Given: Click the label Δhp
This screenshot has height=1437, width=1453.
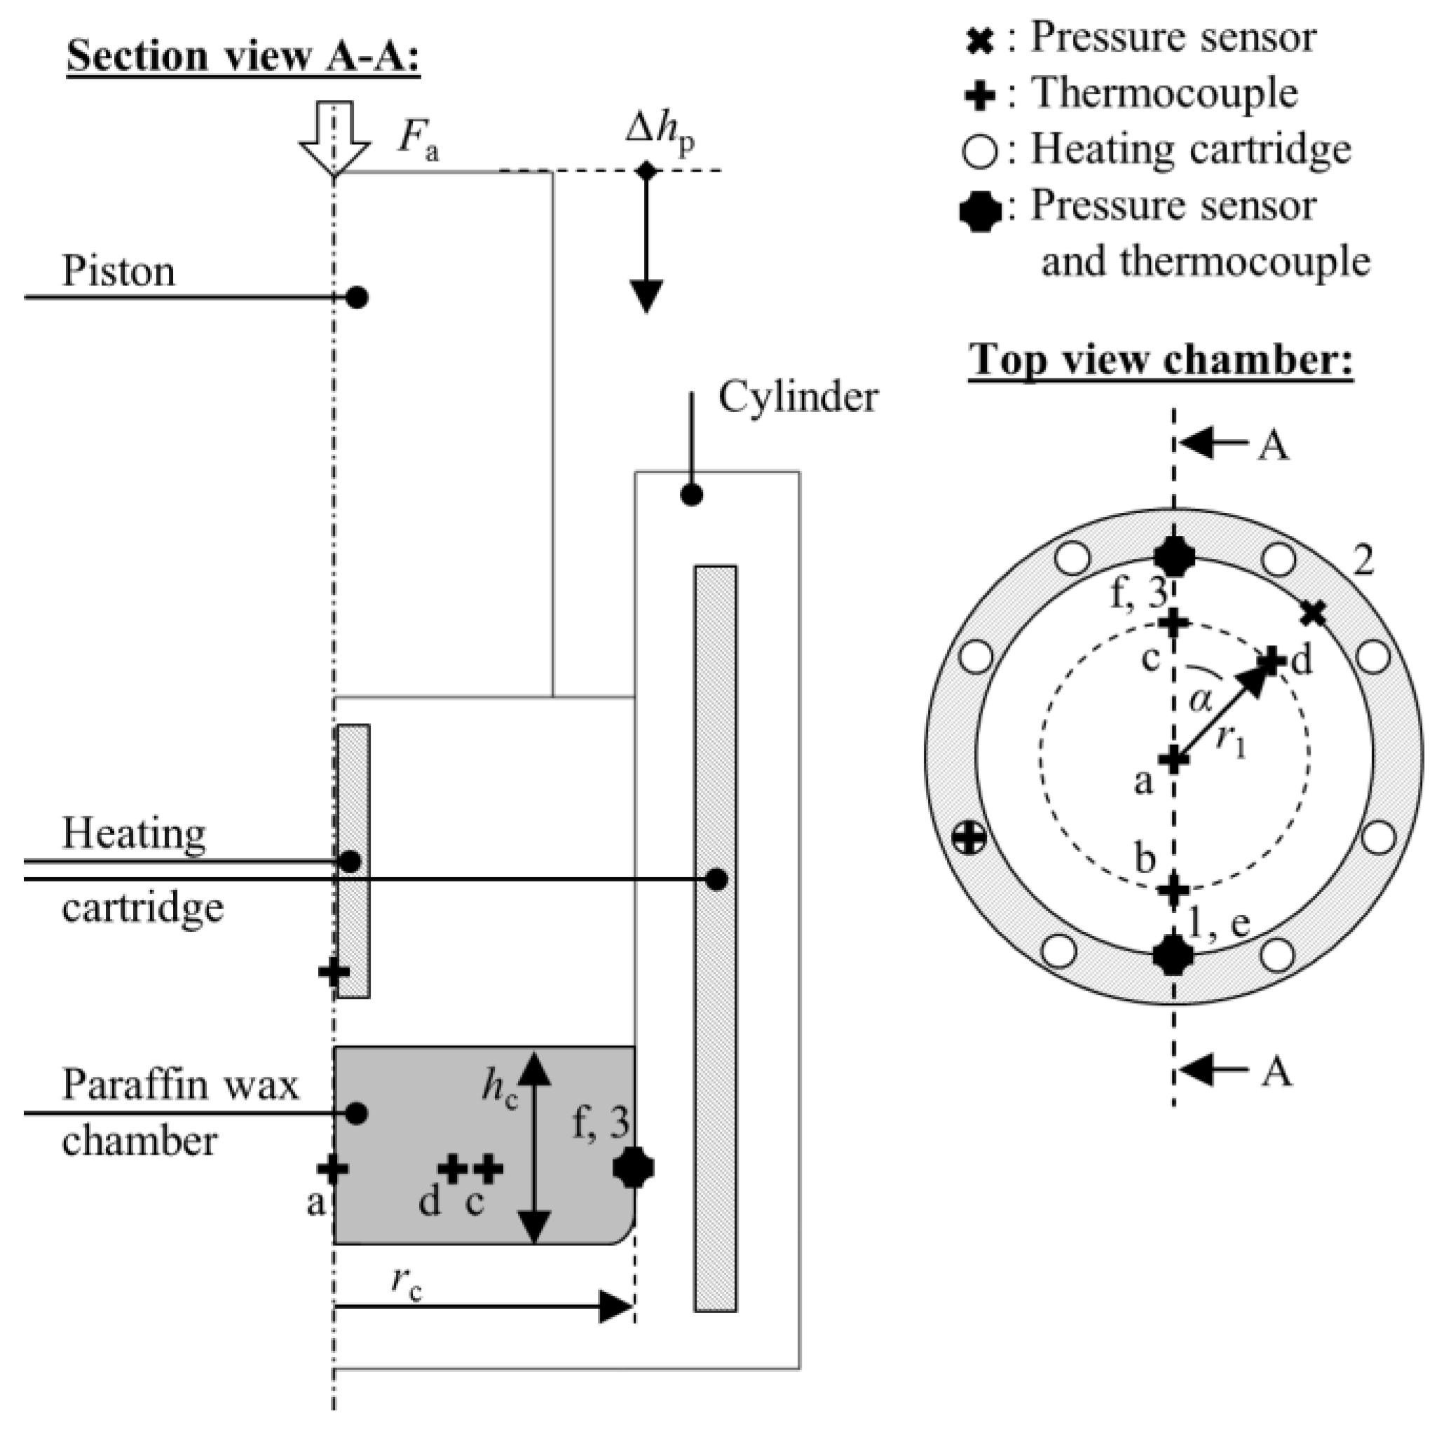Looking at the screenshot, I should pos(660,134).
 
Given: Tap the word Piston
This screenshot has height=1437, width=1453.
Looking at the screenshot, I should pos(118,270).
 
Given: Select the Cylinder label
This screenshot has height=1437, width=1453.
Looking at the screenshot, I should pos(798,397).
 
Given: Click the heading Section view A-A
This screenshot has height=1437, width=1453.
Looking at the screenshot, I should pos(243,56).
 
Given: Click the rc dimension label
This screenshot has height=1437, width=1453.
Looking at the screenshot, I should pos(406,1279).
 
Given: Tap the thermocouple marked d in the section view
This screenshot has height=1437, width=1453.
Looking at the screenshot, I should pos(452,1169).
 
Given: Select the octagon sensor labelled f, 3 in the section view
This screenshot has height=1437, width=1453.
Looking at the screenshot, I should pos(633,1168).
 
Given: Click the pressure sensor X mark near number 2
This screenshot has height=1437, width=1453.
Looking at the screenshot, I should pos(1313,614).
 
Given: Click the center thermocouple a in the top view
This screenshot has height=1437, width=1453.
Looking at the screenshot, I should pos(1173,759).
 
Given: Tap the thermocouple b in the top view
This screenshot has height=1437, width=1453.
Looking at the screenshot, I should pos(1173,890).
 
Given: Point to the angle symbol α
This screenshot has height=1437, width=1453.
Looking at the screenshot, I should pos(1201,700).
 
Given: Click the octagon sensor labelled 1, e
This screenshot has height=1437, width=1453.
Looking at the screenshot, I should pos(1173,955).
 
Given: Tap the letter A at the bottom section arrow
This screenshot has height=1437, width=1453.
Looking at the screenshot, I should pos(1276,1071).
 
